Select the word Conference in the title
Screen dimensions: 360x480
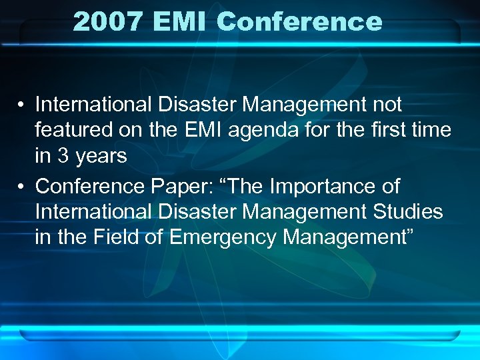[x=299, y=21]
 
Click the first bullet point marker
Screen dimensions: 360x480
[x=22, y=105]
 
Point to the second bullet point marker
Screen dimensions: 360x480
[x=22, y=187]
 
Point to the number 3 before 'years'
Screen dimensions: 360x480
[x=63, y=155]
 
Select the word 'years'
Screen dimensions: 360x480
[x=100, y=155]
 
